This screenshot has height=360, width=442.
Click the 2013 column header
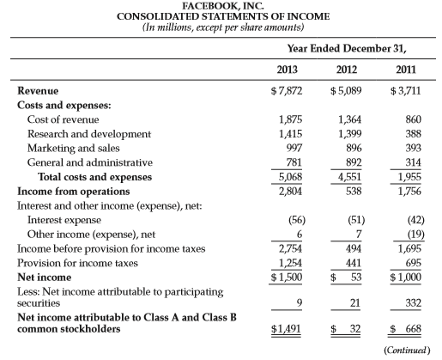point(287,70)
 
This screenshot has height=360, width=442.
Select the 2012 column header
point(347,70)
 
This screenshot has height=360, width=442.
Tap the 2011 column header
point(406,70)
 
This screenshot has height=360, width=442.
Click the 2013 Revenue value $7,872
point(287,91)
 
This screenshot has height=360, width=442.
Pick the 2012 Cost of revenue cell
point(349,119)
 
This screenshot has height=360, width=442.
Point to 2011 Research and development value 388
point(414,134)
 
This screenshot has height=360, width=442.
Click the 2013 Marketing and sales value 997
point(294,148)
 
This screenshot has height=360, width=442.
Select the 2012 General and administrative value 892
point(354,162)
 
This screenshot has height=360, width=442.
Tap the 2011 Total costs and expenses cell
point(409,177)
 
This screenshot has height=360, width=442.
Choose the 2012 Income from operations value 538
point(354,191)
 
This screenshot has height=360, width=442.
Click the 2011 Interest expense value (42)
point(416,220)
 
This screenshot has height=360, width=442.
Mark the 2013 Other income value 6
point(300,235)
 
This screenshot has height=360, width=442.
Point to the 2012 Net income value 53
point(356,278)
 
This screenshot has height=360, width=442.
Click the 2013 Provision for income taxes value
point(290,263)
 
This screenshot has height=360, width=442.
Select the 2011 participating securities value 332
point(414,302)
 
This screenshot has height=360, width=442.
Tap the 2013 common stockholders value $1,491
point(286,328)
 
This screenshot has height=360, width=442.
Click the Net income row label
point(45,278)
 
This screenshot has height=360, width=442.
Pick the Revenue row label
point(38,91)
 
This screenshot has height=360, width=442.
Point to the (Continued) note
point(407,350)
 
